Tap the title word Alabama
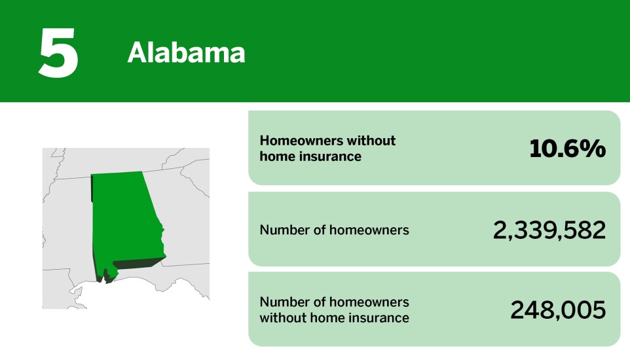[186, 53]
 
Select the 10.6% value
[567, 149]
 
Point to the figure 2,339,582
[549, 230]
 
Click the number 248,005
[558, 310]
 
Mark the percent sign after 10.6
[595, 149]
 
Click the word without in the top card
[371, 141]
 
